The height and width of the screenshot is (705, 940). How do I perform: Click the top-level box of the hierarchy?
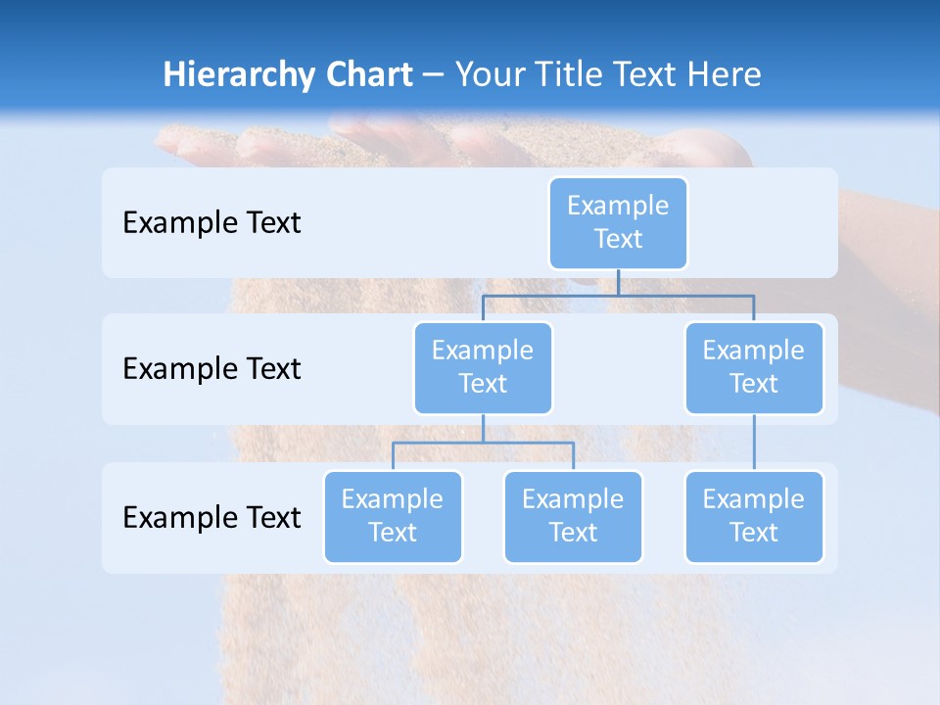click(618, 222)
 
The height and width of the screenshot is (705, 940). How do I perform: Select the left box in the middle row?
click(483, 367)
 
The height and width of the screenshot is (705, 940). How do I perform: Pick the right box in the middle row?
click(754, 367)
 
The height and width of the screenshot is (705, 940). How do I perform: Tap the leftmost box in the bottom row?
click(393, 516)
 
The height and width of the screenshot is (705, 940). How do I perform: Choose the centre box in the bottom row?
click(573, 516)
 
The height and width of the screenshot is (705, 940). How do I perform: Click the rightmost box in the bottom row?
click(754, 516)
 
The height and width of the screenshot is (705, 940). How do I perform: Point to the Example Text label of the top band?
click(211, 223)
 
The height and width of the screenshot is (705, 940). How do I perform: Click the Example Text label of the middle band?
click(211, 369)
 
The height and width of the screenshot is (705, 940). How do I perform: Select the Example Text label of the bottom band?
click(211, 517)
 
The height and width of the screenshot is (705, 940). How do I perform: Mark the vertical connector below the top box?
click(618, 282)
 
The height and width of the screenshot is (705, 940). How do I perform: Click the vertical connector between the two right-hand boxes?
click(754, 443)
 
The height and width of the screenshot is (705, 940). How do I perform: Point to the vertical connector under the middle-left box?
click(483, 428)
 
